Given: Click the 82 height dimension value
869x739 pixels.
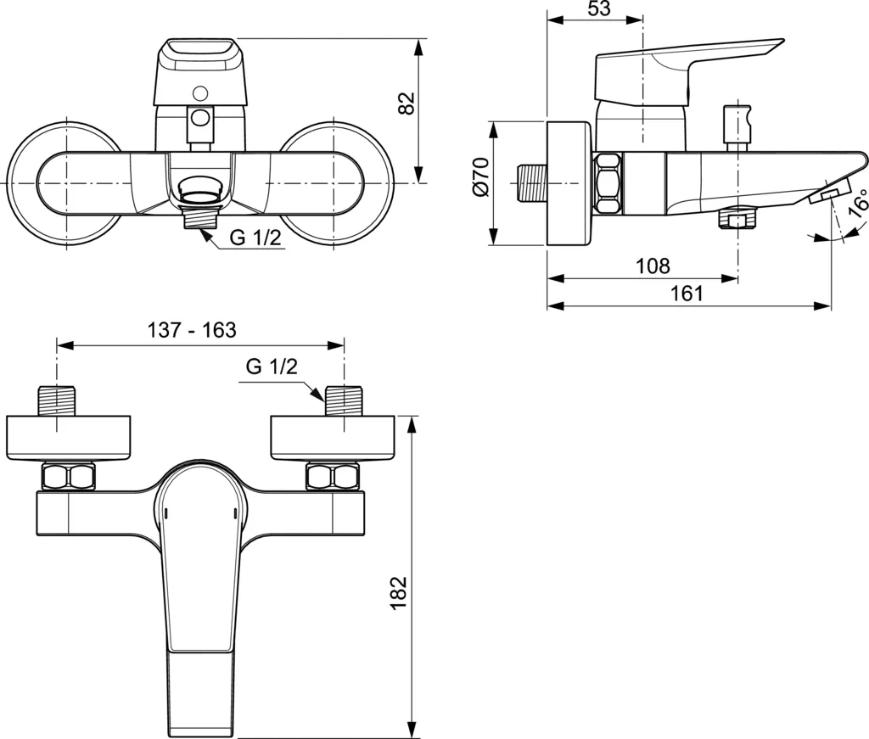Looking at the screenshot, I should [406, 103].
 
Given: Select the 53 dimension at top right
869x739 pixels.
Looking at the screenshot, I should [598, 10].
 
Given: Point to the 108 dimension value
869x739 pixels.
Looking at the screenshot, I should [653, 266].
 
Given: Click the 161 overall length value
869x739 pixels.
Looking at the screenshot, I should [687, 294].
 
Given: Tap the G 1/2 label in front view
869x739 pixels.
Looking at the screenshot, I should [255, 238].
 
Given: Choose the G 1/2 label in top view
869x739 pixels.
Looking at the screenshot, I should [272, 368].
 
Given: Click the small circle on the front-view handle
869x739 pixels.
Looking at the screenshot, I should [201, 92].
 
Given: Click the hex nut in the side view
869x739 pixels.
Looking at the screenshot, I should [608, 182].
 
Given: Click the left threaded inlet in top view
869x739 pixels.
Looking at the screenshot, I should [58, 401].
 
